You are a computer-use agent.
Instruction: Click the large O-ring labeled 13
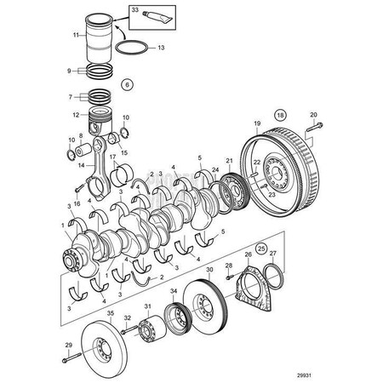[x=139, y=49]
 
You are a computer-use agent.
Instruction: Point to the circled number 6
[x=127, y=84]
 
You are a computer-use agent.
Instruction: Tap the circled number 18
[x=278, y=113]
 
